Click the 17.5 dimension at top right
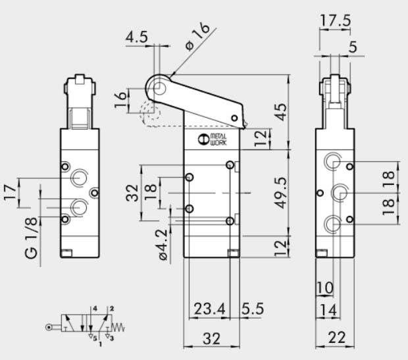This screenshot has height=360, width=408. point(336,20)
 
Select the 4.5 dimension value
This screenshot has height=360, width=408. point(137,36)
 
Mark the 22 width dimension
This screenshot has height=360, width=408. point(337,338)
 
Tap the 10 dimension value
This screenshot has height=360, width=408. point(324,288)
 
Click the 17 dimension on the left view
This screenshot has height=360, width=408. point(9,193)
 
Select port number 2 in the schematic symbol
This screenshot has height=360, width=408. point(112,308)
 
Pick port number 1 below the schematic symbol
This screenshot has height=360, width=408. point(100,344)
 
